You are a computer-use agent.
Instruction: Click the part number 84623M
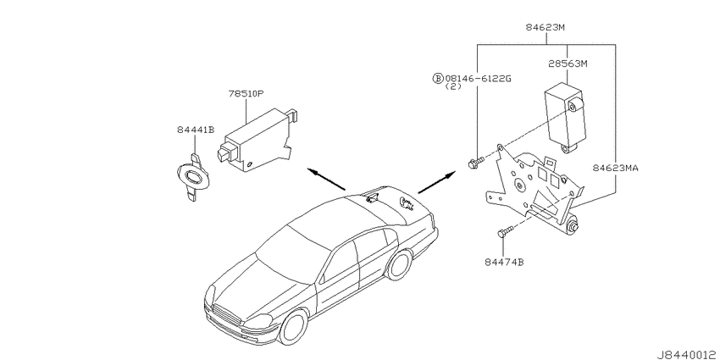(545, 27)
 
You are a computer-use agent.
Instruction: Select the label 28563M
(568, 64)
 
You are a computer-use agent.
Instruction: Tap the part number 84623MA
(615, 168)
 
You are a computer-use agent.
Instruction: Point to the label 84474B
(504, 263)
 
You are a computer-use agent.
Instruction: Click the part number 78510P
(246, 94)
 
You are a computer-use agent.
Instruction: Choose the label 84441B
(196, 130)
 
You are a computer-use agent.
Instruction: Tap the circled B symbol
(438, 79)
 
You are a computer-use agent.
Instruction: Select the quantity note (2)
(453, 86)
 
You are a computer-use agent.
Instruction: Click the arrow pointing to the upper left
(326, 179)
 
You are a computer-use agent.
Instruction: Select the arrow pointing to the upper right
(437, 182)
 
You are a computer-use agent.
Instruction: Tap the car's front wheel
(293, 327)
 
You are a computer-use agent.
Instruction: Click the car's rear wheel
(399, 264)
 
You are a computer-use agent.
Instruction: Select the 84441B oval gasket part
(193, 177)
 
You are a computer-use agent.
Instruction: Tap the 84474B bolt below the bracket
(504, 233)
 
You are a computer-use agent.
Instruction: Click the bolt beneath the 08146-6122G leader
(476, 163)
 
